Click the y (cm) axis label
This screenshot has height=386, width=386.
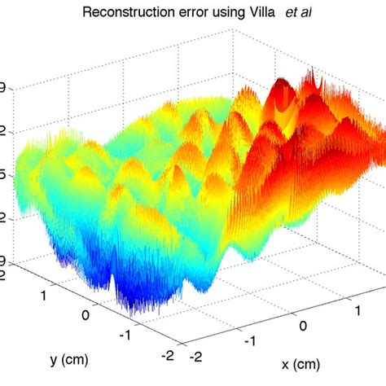(68, 359)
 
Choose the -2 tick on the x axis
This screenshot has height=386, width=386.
(195, 357)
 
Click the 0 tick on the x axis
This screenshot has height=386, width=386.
(303, 327)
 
